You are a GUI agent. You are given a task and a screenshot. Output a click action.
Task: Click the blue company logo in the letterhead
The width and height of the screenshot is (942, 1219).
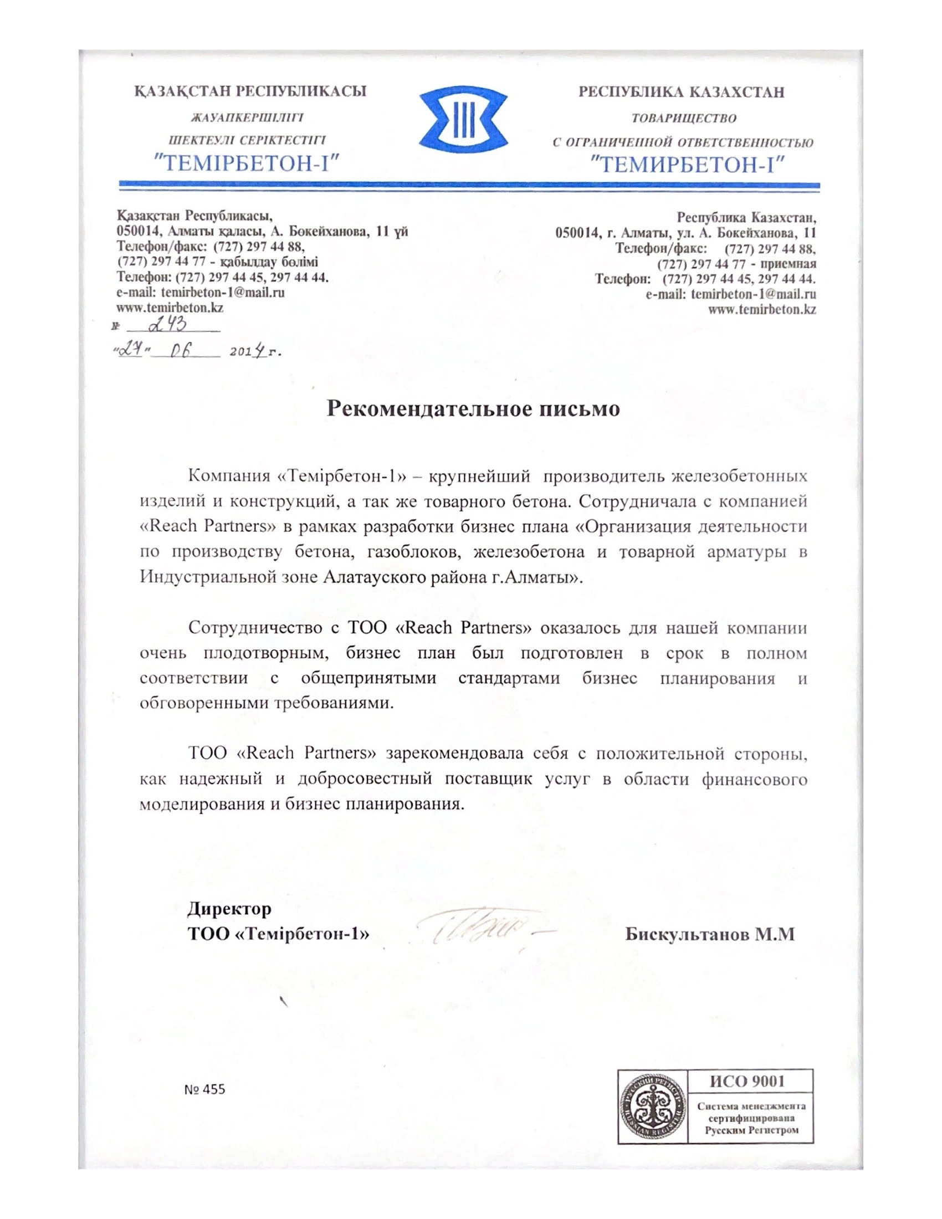463,124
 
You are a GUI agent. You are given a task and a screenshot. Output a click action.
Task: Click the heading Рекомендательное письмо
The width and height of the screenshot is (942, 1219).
473,408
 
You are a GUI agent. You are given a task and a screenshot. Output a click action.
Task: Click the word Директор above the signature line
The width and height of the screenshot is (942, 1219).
229,908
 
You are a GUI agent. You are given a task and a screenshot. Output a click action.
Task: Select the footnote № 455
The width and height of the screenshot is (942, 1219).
204,1089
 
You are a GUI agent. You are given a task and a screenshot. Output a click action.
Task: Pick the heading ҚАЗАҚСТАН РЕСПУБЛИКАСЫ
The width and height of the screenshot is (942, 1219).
250,91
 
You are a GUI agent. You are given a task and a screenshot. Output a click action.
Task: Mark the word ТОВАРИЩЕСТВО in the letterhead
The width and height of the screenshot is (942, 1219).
683,119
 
